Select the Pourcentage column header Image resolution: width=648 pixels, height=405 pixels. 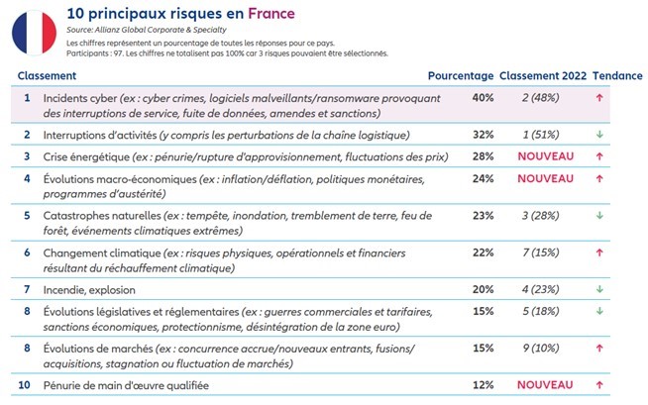tap(460, 76)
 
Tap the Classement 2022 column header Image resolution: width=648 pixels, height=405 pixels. tap(544, 76)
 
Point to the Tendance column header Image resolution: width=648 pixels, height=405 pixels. tap(618, 76)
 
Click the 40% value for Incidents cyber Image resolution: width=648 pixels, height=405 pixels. tap(484, 98)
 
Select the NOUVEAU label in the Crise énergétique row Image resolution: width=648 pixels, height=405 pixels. tap(546, 156)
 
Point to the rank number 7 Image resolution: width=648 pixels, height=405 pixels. tap(28, 290)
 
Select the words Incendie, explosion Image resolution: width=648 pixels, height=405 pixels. tap(89, 290)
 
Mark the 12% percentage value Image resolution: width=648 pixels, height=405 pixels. tap(484, 383)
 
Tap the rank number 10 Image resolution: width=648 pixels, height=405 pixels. tap(28, 383)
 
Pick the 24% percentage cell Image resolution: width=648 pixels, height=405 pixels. tap(484, 178)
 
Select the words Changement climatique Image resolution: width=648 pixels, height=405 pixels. tap(100, 253)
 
